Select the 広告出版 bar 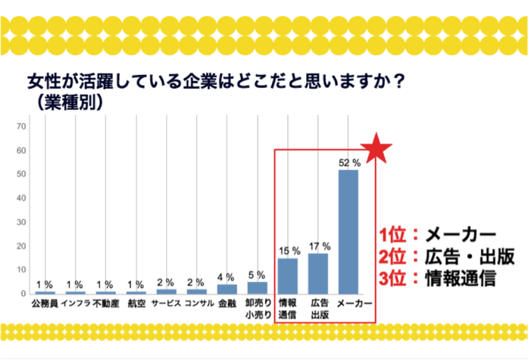(318, 274)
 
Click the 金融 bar (227, 289)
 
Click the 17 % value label (319, 246)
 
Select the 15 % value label (289, 251)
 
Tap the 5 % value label (258, 275)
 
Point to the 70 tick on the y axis (22, 126)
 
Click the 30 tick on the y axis (22, 222)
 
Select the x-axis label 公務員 (45, 304)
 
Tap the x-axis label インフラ (75, 304)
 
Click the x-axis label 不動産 (106, 304)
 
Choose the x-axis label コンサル (196, 304)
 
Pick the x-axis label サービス (166, 304)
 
